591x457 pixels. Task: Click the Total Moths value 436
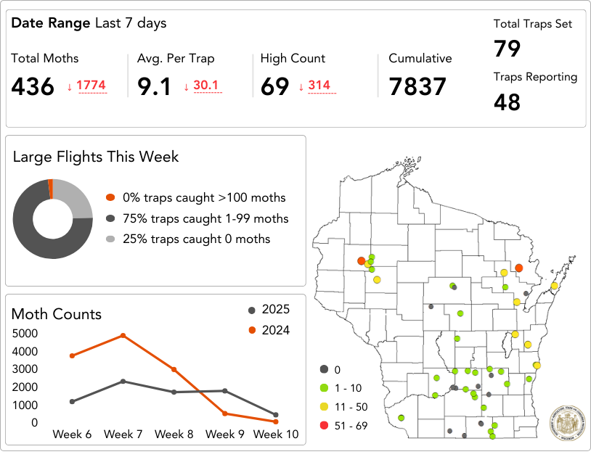33,86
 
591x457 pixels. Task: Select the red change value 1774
91,86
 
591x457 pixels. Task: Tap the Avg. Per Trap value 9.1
154,86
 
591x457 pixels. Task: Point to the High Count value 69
275,86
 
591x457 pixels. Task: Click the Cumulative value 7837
417,86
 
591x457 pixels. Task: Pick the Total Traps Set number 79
508,49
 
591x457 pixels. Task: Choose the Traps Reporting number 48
508,102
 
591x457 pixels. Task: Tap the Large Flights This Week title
96,156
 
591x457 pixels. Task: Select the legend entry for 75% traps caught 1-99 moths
205,218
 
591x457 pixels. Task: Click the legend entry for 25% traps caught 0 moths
196,239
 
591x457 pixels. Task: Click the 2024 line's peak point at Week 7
123,335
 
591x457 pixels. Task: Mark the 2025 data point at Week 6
72,401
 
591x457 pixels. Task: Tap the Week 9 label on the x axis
225,434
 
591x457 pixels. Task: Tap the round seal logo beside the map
566,421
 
